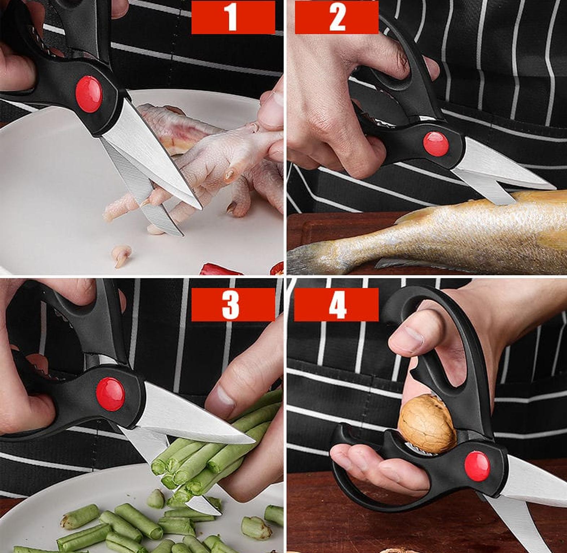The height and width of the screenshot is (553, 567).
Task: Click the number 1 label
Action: [233, 17]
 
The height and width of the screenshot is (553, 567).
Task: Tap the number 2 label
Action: [337, 17]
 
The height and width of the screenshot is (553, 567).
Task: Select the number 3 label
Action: [233, 304]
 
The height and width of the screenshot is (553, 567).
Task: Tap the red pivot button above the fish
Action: [436, 144]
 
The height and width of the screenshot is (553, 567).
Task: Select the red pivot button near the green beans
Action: [111, 394]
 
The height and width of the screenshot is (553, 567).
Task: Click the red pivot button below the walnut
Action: [477, 466]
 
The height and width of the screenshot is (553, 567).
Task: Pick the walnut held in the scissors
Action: [427, 424]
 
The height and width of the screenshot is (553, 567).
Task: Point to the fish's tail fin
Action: [314, 258]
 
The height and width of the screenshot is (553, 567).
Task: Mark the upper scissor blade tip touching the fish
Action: [554, 188]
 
